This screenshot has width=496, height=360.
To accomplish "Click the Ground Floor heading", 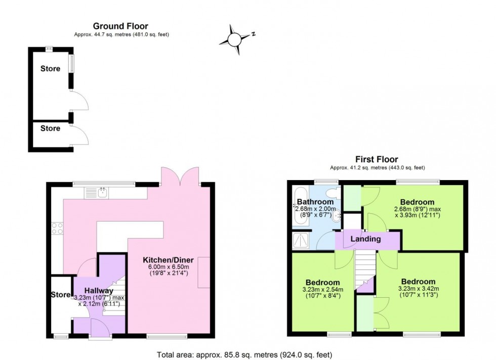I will (120, 26).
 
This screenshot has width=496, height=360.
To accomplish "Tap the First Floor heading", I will (377, 159).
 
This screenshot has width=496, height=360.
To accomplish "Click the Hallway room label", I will (98, 290).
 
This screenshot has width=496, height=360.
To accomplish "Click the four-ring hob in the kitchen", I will (57, 228).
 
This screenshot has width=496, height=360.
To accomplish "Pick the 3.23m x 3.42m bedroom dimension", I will (418, 289).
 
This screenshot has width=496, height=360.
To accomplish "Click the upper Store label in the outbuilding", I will (50, 69).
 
